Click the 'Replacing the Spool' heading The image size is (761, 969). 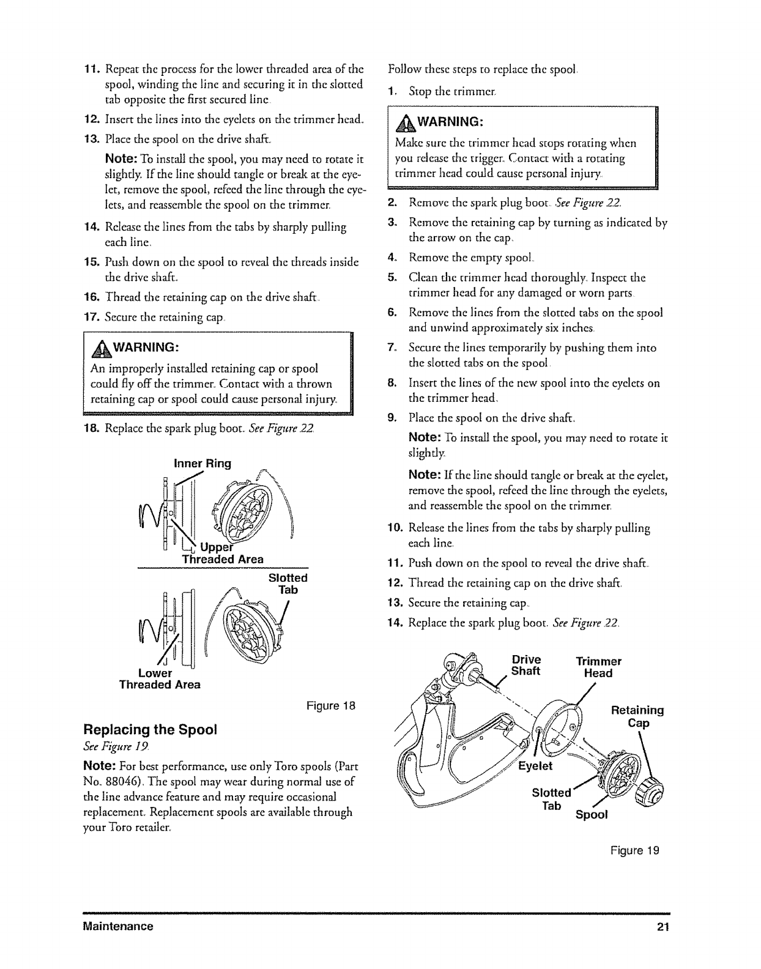point(150,730)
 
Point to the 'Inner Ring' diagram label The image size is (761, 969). point(202,463)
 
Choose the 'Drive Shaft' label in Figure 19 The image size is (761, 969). point(526,666)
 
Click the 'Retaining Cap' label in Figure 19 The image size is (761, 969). point(637,717)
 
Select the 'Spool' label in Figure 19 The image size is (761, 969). point(591,815)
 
